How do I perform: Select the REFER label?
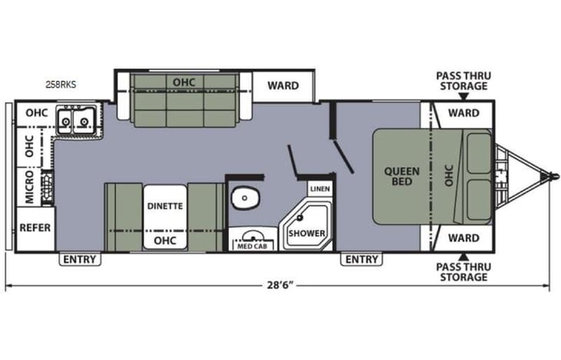(35, 228)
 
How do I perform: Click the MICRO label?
(29, 188)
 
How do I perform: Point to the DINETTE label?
(165, 206)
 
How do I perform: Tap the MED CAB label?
(249, 245)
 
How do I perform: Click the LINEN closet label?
(318, 188)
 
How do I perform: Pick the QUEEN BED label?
(399, 176)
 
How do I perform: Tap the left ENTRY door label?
(80, 259)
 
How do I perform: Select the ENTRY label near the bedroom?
(361, 259)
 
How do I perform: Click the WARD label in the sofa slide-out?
(283, 85)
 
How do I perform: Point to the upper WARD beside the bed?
(464, 113)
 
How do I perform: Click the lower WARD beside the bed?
(464, 237)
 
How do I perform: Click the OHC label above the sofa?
(183, 81)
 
